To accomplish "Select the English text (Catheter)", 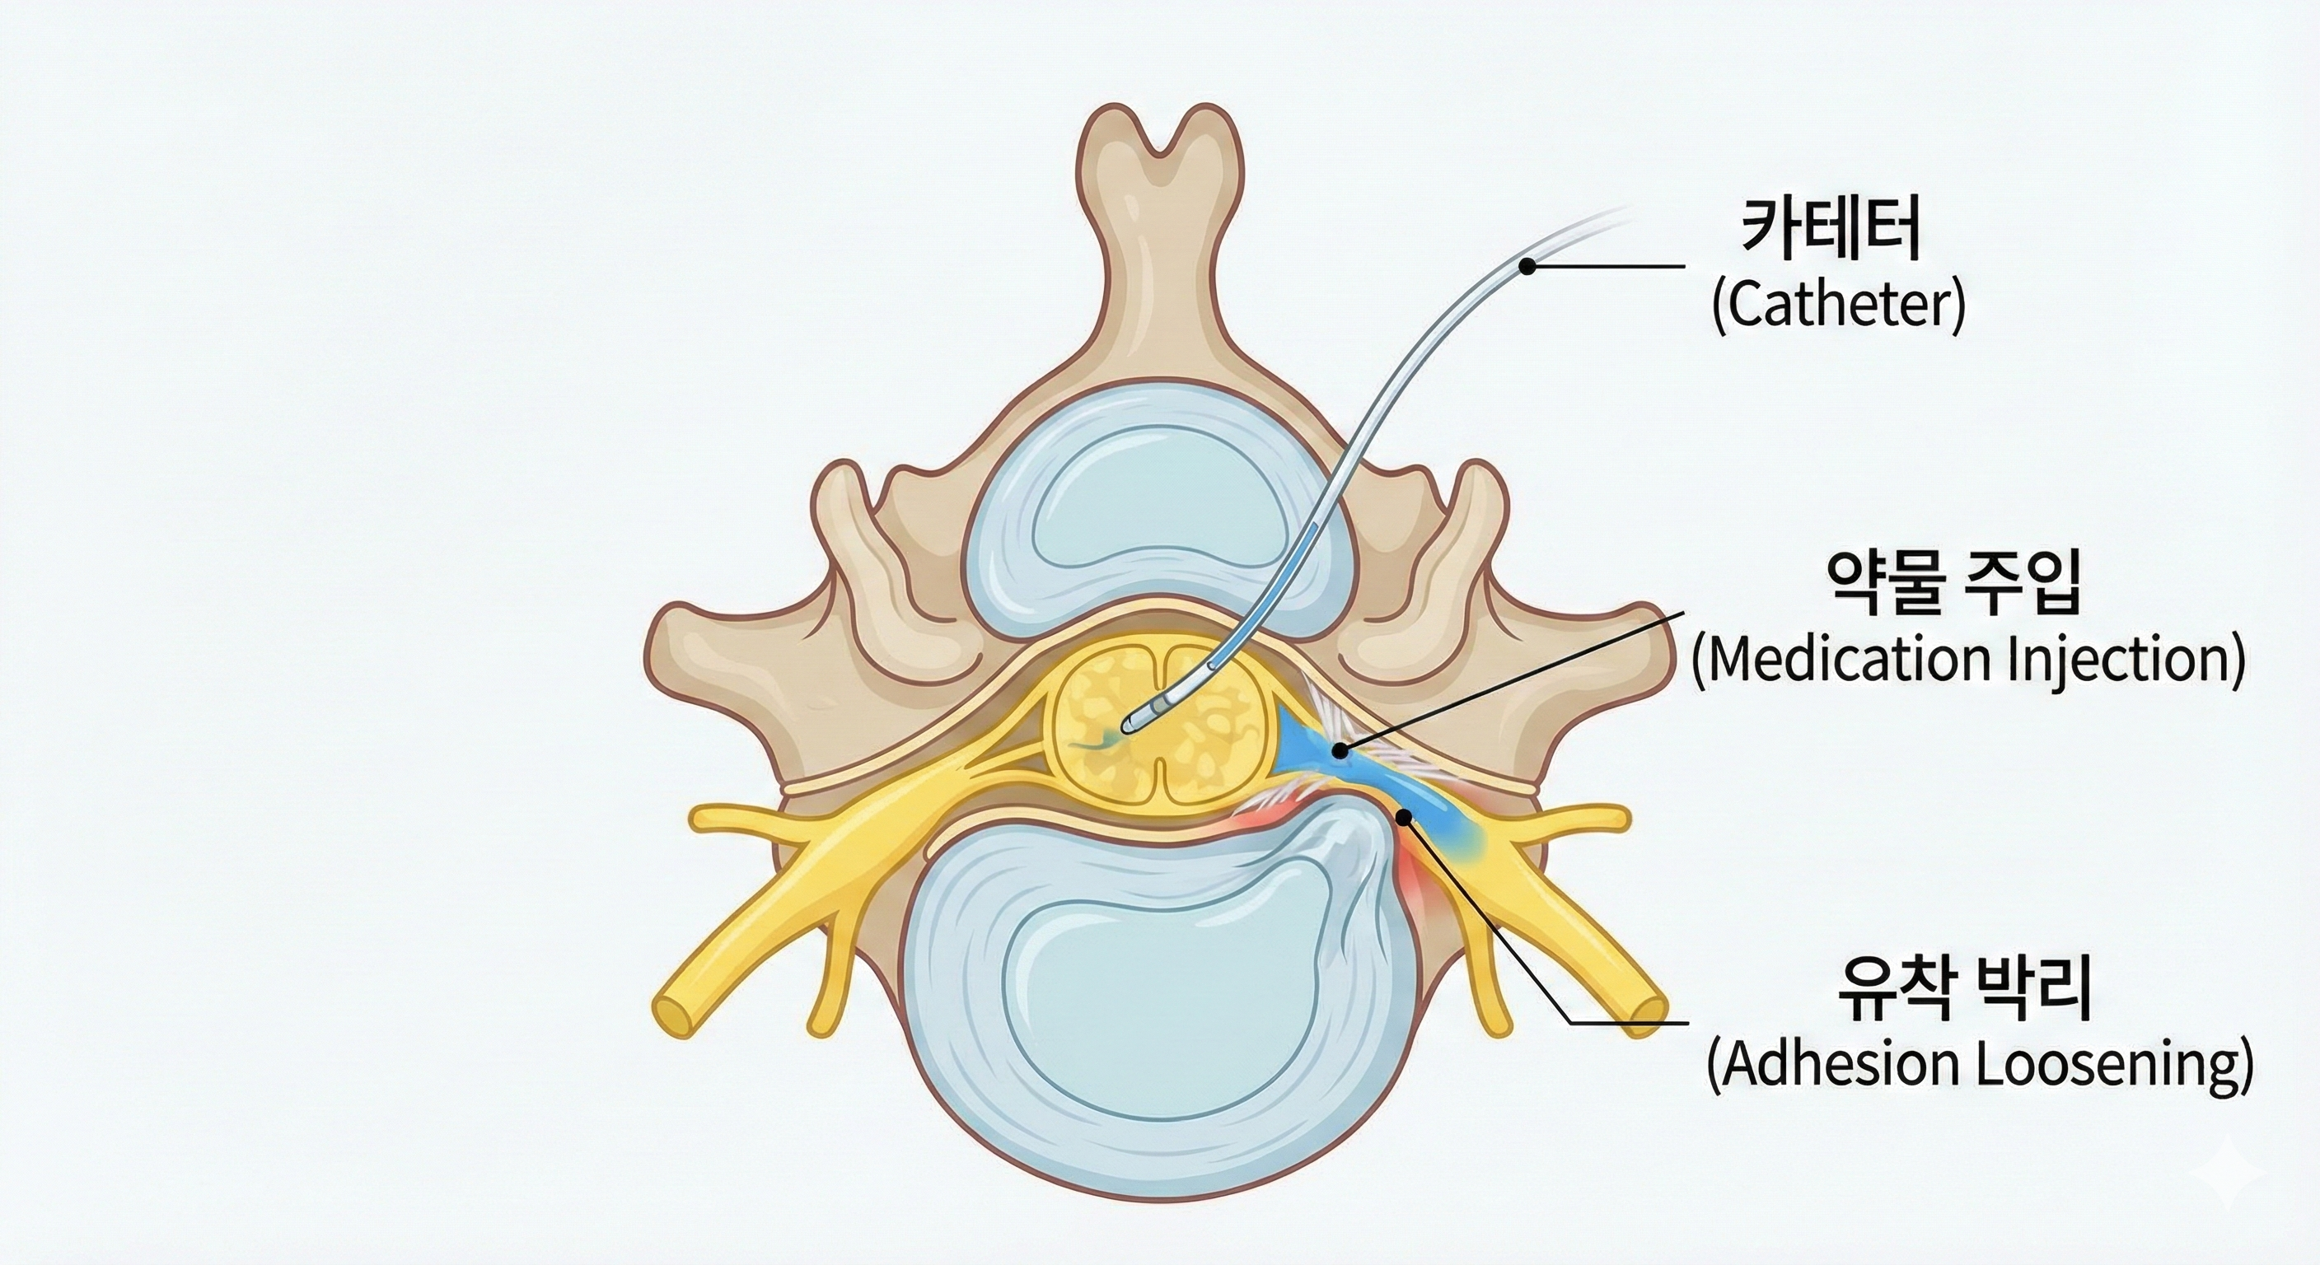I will [1837, 307].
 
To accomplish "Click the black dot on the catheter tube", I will [1527, 266].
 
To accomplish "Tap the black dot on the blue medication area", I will [1342, 749].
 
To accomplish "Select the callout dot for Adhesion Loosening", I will [1403, 817].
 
